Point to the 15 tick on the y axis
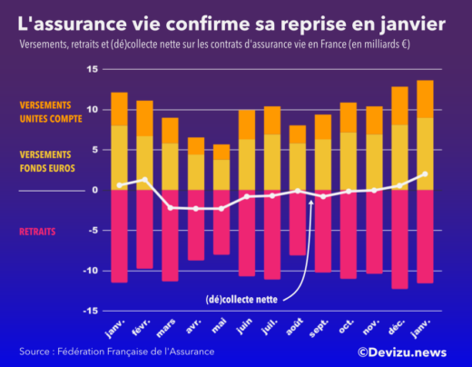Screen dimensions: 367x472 coord(92,69)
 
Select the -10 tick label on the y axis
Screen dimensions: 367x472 coord(90,271)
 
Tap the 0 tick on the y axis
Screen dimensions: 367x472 coord(93,190)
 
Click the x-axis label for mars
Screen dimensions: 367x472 coord(167,326)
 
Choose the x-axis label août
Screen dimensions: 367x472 coord(295,326)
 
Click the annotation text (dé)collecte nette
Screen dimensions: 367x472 coord(241,297)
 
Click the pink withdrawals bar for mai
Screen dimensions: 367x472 coord(221,223)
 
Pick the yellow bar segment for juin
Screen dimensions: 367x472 coord(247,164)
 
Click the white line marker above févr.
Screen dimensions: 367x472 coord(144,180)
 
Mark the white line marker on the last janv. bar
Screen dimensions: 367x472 coord(425,174)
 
